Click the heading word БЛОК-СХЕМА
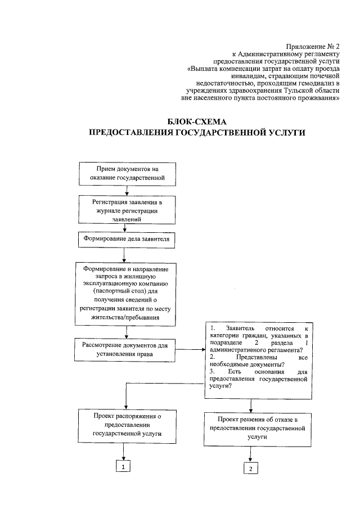point(196,122)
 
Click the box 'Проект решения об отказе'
point(256,428)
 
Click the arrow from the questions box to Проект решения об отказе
point(251,406)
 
